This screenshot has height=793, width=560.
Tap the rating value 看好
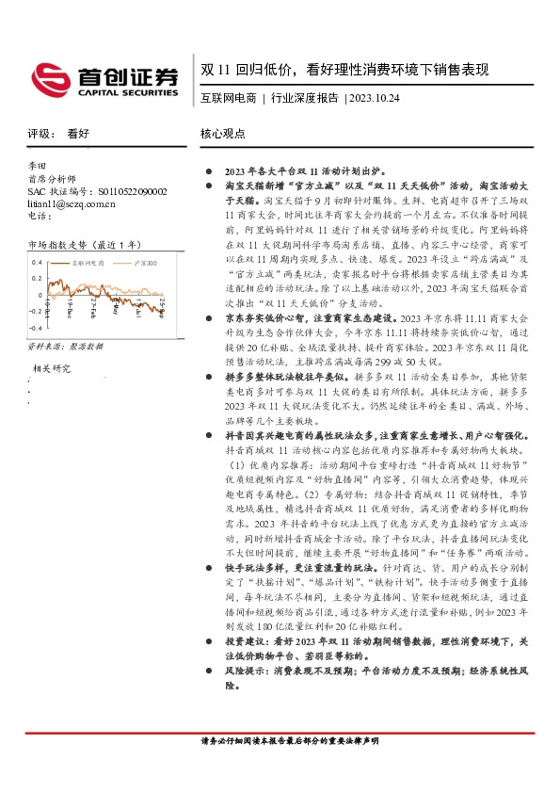78,135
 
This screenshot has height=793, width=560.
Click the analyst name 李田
37,165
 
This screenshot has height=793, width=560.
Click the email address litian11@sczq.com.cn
72,203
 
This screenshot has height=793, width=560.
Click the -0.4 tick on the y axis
34,327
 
